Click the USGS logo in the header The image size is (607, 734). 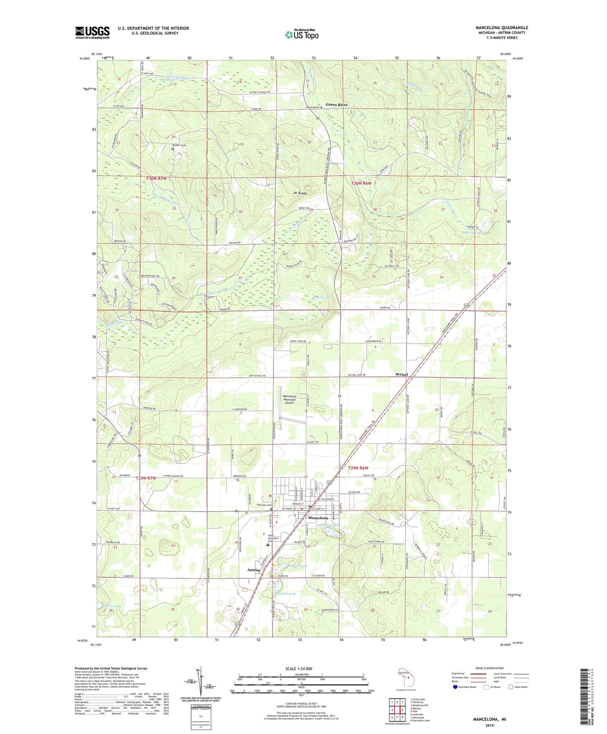click(x=92, y=32)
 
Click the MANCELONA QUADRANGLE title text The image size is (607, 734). click(x=501, y=28)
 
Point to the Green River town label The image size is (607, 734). click(x=337, y=105)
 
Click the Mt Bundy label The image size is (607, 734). click(x=300, y=194)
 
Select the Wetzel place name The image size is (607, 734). click(x=401, y=374)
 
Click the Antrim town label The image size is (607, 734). click(x=254, y=570)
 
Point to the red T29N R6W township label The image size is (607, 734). click(x=358, y=468)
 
